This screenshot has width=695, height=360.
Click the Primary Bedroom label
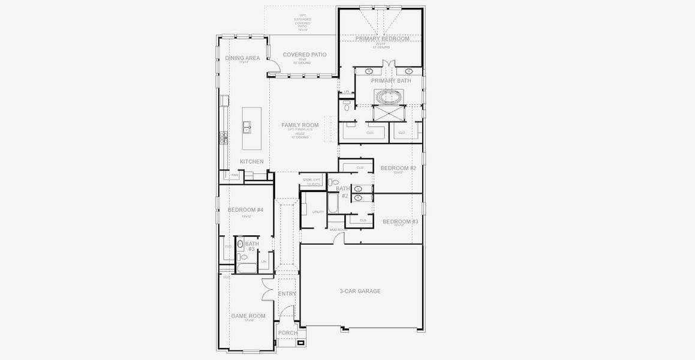382,39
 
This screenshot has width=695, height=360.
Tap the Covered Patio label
305,55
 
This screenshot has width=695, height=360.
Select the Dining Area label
242,58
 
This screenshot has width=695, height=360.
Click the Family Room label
300,125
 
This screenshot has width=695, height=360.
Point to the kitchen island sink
246,127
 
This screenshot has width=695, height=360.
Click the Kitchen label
251,162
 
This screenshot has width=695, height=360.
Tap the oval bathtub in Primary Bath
390,97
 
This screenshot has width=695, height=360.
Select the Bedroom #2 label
398,169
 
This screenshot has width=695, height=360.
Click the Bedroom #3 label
401,221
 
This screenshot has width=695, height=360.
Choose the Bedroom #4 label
245,210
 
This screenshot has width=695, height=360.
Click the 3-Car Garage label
360,292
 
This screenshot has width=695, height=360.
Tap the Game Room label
248,316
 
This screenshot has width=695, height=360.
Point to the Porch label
288,333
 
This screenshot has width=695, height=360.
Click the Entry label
287,294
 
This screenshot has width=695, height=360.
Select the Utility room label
318,212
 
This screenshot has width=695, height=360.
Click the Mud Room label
338,230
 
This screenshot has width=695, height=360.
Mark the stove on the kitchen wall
224,138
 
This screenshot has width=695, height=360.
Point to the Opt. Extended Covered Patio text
302,22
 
